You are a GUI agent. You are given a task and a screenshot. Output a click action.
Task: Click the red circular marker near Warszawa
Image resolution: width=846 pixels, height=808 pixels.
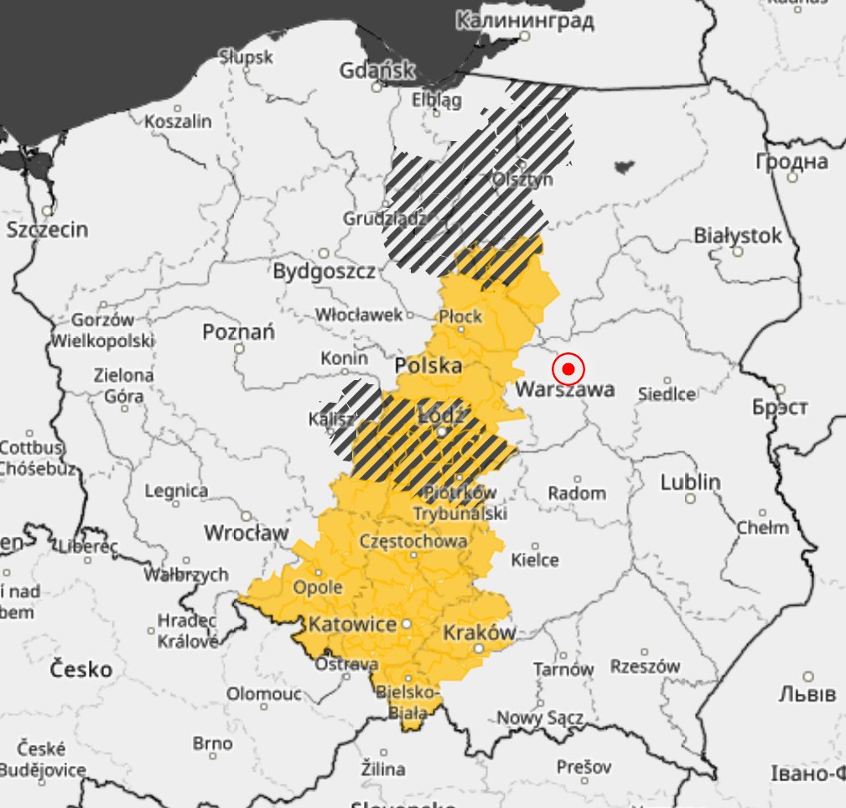point(568,369)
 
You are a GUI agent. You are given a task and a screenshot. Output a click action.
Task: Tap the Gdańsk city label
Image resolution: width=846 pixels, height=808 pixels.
point(376,70)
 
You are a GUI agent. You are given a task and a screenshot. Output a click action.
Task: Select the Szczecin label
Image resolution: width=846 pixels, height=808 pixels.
point(47,229)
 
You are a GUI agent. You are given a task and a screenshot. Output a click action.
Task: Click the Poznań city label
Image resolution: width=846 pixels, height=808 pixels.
point(238,332)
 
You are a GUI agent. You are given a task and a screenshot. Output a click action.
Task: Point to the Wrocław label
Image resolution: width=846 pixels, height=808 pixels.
point(247,533)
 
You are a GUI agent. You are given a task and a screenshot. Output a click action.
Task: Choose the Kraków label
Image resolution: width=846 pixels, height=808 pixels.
point(478,632)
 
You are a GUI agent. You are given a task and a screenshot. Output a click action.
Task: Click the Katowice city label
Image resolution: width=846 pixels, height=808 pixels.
point(352,624)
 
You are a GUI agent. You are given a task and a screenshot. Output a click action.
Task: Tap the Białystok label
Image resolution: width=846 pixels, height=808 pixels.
point(738,236)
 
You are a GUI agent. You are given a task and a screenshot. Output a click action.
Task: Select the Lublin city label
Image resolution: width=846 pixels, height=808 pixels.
point(690,482)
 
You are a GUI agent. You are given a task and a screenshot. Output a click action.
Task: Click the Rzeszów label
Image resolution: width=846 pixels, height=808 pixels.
point(645,666)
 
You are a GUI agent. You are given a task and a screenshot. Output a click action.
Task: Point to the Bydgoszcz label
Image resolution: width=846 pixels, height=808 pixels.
point(324,271)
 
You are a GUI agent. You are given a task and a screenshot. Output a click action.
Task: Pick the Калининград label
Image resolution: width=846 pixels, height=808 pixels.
point(524,20)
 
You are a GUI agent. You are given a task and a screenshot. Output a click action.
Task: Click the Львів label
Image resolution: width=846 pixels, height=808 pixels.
point(807,694)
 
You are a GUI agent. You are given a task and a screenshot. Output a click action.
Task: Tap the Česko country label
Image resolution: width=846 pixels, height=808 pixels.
point(81,670)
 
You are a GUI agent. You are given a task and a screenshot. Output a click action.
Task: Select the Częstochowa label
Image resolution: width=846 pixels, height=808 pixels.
point(413,541)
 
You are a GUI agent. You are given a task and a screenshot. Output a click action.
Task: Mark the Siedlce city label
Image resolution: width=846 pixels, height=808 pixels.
point(667,394)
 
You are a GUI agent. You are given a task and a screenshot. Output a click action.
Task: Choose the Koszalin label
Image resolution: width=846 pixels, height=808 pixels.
point(178,122)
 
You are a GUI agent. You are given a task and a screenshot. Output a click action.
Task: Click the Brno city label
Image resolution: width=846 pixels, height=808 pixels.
point(212,744)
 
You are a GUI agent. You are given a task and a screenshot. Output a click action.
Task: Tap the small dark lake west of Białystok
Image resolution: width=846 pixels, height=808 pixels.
point(624,166)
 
